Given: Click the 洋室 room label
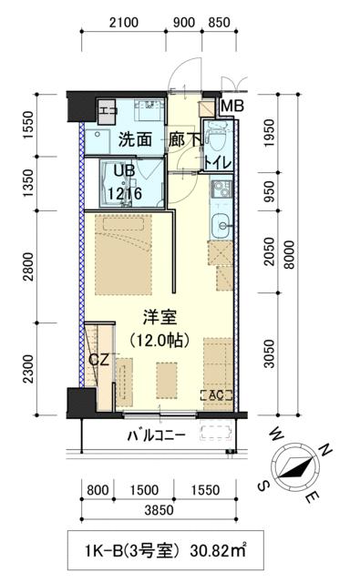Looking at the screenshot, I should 159,318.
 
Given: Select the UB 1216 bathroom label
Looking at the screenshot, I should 123,185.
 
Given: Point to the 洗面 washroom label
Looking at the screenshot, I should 134,140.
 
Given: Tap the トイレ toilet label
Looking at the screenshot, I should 218,163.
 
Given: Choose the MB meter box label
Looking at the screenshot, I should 231,106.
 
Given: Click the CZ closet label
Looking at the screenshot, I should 99,360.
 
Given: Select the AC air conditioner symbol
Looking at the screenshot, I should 217,395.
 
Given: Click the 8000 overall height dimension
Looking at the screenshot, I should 290,253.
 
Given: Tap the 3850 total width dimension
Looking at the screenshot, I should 159,512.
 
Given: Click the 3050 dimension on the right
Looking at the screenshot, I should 269,353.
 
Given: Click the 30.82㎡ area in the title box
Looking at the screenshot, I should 218,549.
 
